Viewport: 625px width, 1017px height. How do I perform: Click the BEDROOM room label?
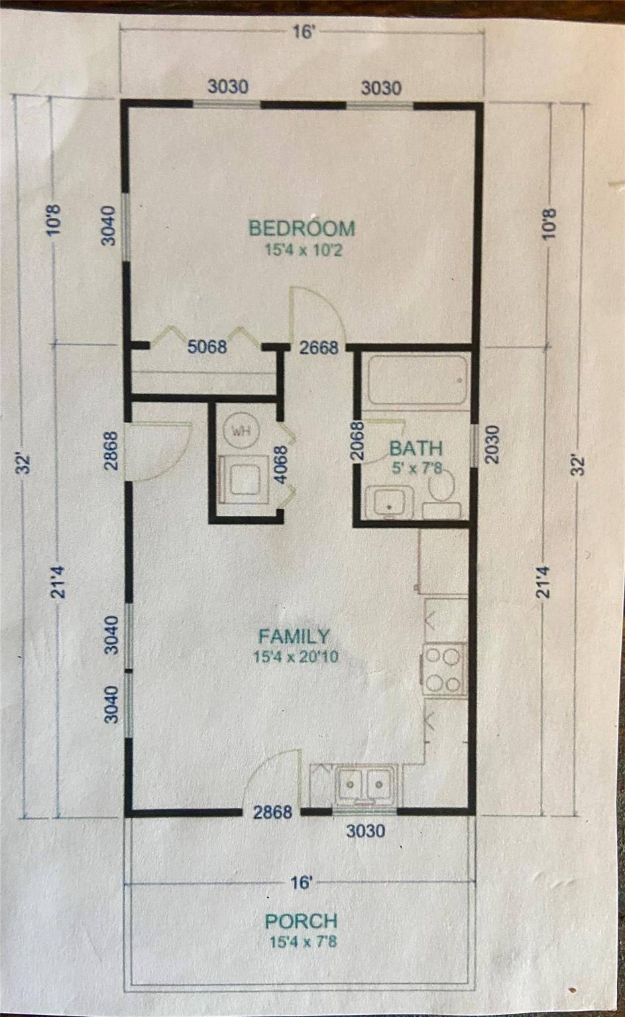click(302, 228)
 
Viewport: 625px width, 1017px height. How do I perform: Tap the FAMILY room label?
click(294, 636)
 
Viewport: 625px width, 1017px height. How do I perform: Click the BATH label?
click(416, 448)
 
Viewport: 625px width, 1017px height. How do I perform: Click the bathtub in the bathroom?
click(418, 380)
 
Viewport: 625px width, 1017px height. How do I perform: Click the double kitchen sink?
click(365, 784)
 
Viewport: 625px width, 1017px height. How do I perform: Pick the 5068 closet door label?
click(207, 347)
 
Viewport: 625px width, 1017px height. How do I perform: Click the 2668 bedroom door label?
click(319, 348)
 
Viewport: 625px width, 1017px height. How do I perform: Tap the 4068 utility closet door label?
click(282, 465)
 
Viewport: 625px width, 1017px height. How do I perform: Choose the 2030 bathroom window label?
click(492, 444)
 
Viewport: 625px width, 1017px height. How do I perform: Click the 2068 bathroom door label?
click(358, 442)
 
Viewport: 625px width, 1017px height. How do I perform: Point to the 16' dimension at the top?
click(304, 32)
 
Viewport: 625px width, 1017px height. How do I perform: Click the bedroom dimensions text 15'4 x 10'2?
click(304, 250)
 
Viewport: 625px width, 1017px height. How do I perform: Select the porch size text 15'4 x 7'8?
click(303, 942)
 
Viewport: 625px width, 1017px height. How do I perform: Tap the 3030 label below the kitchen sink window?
click(366, 831)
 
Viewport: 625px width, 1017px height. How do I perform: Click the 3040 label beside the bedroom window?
click(109, 226)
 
